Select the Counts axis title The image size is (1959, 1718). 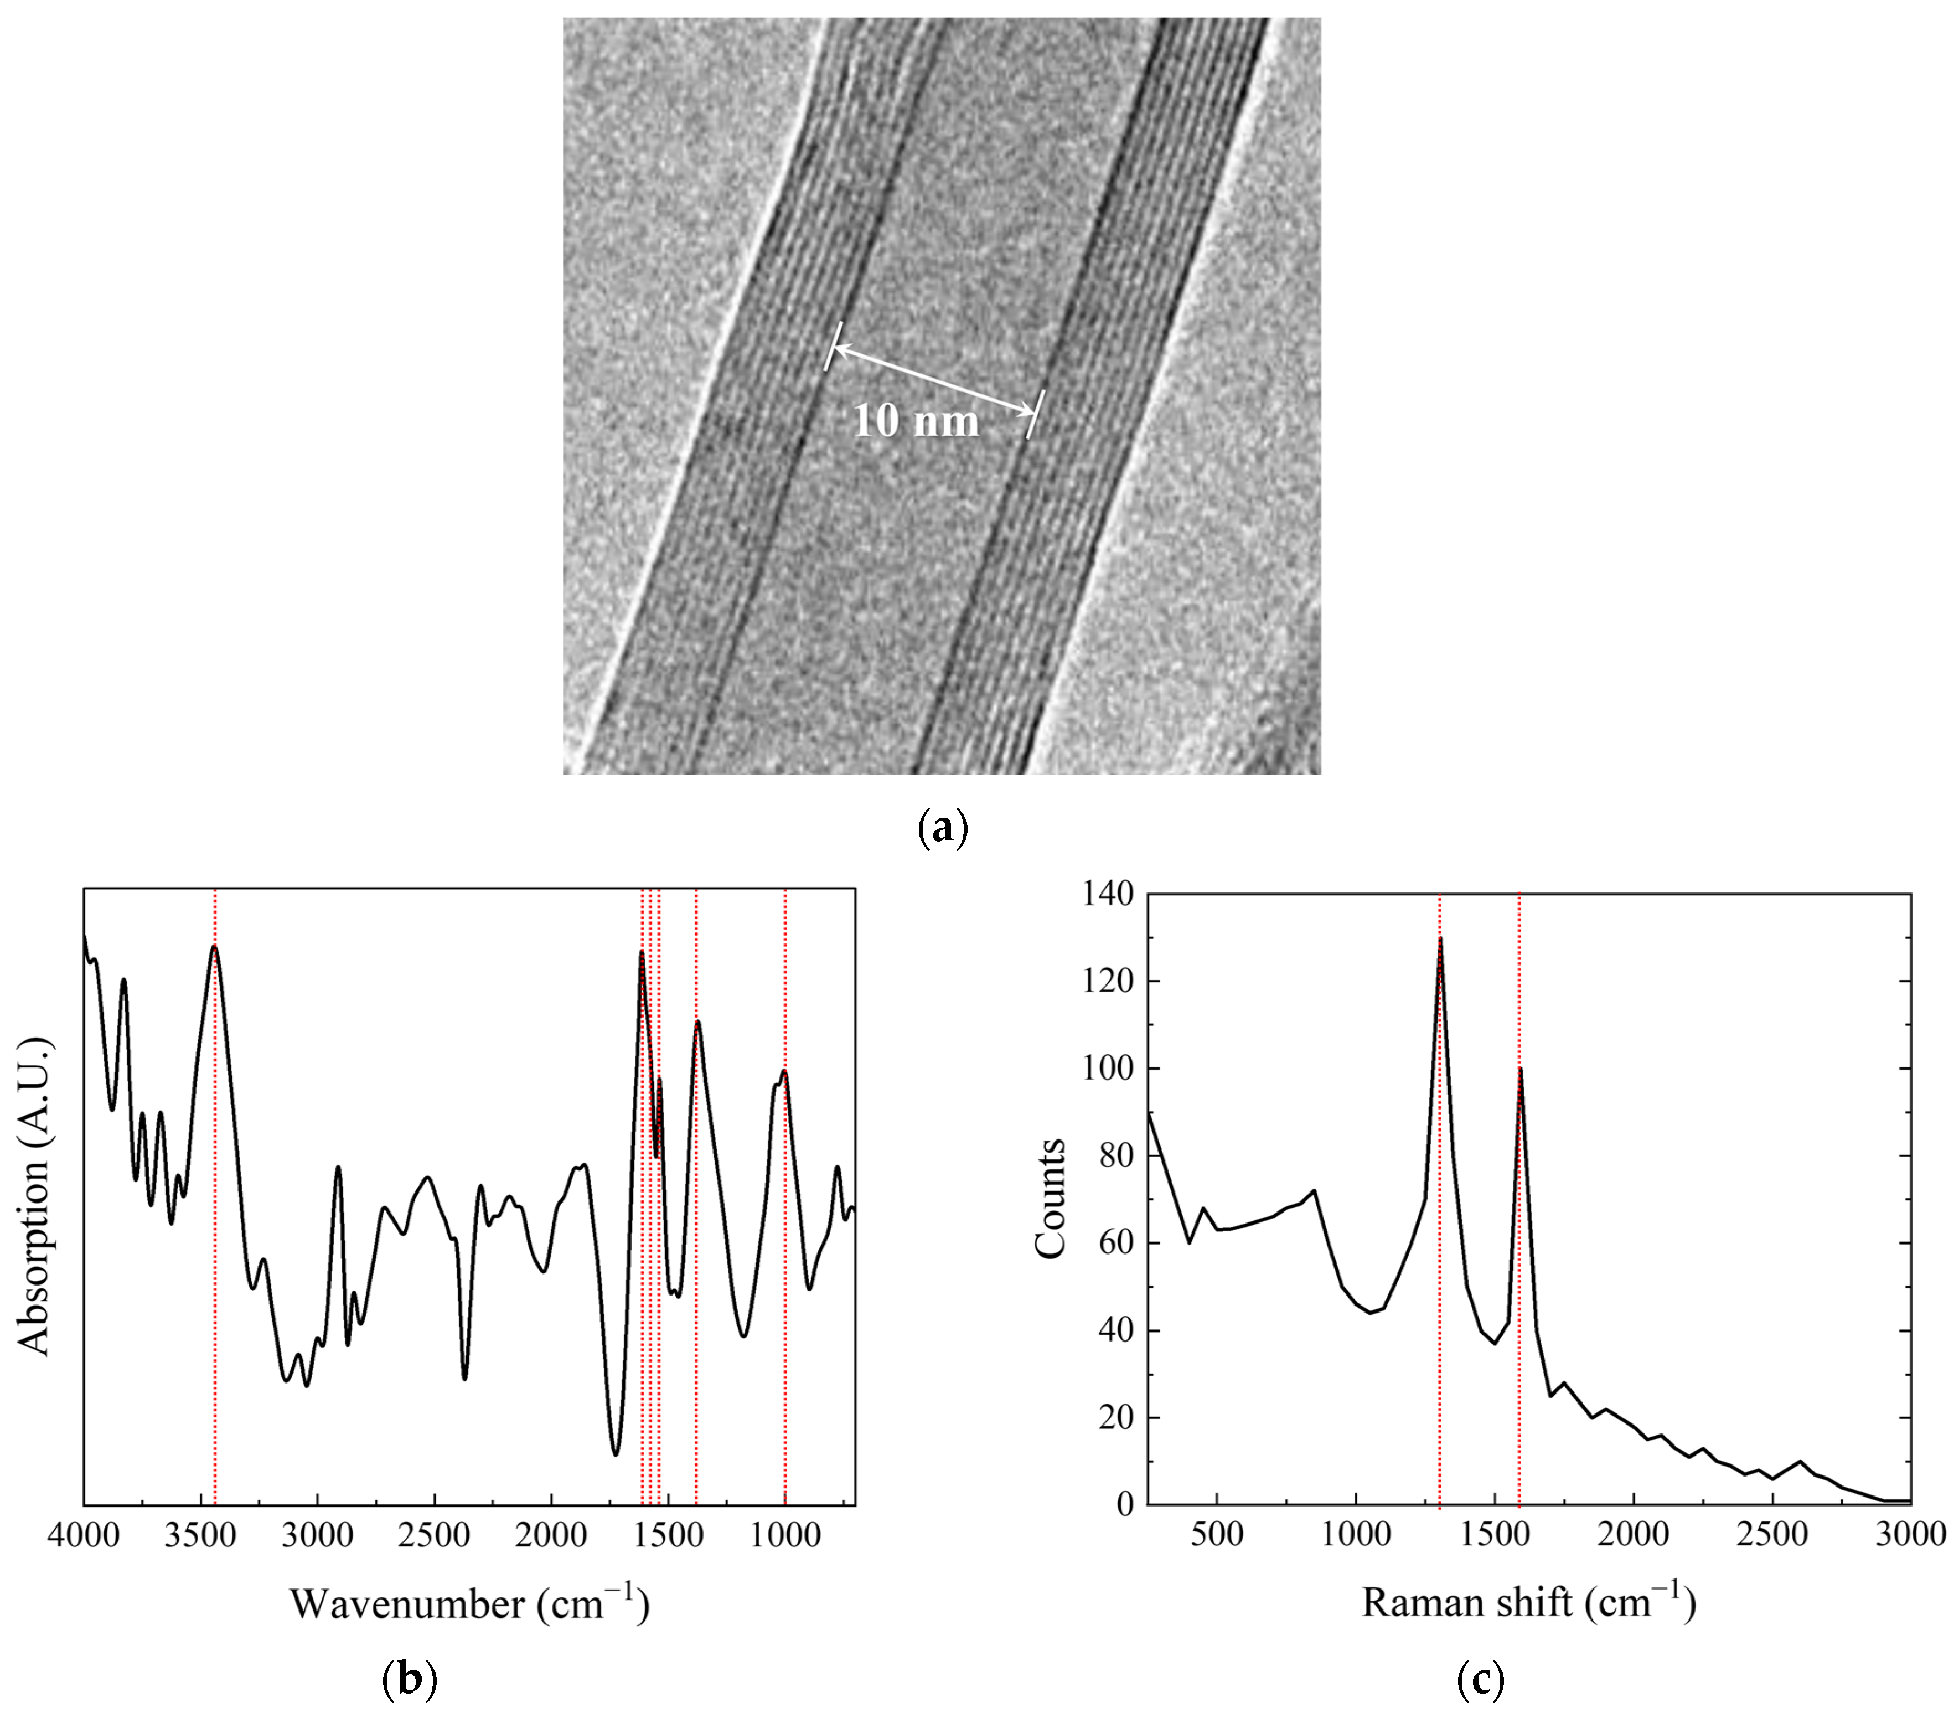[1051, 1198]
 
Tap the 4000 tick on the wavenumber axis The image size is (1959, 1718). [84, 1536]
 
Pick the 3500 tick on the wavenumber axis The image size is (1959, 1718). [201, 1536]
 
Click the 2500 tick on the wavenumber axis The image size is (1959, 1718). [434, 1536]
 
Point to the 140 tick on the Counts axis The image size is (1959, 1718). [1108, 895]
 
